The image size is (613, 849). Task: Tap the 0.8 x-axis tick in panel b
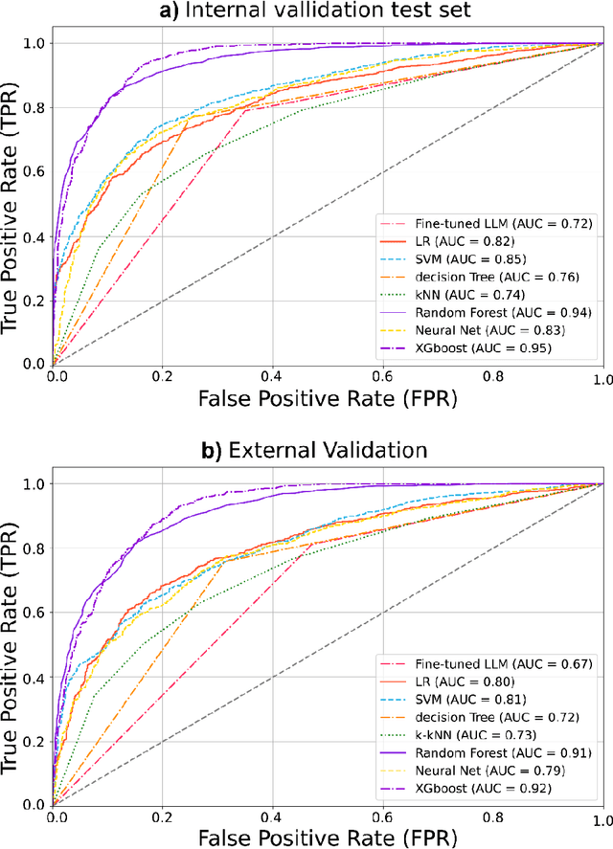coord(495,819)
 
